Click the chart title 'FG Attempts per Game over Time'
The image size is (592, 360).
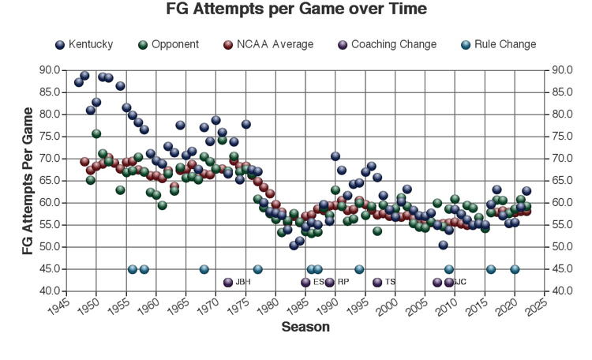click(296, 10)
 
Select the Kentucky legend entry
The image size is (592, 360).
click(84, 44)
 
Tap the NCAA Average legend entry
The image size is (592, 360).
click(267, 44)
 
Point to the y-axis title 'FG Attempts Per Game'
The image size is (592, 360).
click(28, 180)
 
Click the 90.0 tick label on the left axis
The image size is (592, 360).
click(50, 70)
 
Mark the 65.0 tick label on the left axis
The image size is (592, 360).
click(50, 181)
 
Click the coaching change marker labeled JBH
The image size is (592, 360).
click(228, 282)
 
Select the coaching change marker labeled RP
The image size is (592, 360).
click(329, 282)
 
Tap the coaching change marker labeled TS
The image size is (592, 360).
click(377, 282)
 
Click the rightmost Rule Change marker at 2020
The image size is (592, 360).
click(515, 269)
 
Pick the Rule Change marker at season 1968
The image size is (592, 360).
click(204, 269)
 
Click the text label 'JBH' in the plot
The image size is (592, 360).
click(242, 282)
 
